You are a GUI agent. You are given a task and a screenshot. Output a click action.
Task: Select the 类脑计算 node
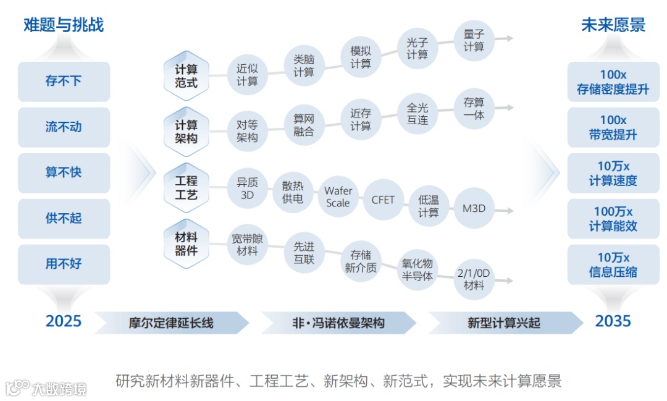(304, 65)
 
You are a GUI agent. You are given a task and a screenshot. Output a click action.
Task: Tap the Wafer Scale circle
(338, 197)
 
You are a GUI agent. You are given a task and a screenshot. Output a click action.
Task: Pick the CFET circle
(383, 200)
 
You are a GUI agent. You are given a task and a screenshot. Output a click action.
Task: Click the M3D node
(474, 209)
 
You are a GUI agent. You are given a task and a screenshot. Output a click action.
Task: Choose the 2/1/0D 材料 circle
(474, 279)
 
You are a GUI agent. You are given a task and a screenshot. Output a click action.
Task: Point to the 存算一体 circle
(474, 109)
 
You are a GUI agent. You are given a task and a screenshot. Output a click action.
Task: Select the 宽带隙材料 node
(247, 245)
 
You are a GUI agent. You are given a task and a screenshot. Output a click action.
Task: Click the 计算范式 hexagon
(186, 75)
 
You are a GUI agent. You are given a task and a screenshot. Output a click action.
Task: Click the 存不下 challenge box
(64, 82)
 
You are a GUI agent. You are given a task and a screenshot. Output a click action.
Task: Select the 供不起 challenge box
(64, 218)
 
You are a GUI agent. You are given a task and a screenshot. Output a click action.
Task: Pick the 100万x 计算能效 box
(613, 219)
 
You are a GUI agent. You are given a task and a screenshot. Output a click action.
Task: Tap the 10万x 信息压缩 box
(613, 264)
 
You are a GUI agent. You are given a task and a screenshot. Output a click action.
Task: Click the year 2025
(64, 321)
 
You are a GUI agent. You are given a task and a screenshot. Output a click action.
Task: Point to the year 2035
(613, 321)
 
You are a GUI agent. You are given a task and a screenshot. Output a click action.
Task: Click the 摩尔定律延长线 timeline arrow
(171, 323)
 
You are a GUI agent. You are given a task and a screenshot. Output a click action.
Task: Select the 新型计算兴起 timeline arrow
(503, 323)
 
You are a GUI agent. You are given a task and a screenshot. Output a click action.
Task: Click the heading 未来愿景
(613, 25)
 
